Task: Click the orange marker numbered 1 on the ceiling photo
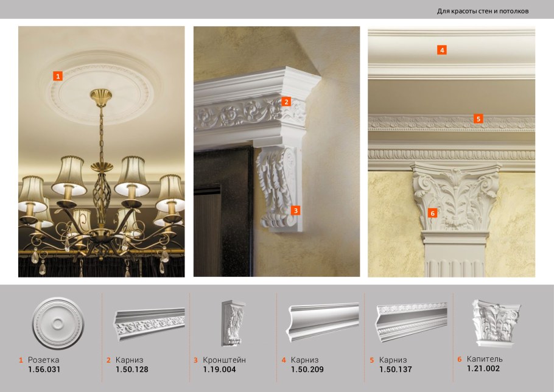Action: point(58,76)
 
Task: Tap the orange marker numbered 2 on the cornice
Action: point(286,102)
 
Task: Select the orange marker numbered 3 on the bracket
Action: point(296,211)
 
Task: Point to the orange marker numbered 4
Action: point(442,50)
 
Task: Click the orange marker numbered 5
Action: point(479,119)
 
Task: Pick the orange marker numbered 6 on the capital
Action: point(432,213)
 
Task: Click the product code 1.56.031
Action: point(44,369)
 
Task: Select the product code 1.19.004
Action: point(219,369)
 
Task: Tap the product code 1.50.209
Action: point(307,369)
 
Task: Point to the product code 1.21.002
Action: point(483,369)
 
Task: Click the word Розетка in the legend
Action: point(43,360)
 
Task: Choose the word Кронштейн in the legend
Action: point(225,360)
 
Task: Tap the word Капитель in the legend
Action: point(485,359)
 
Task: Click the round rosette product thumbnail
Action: point(58,323)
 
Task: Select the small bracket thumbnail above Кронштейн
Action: point(233,323)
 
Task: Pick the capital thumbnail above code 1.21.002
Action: point(496,323)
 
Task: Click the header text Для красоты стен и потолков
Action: point(483,12)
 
